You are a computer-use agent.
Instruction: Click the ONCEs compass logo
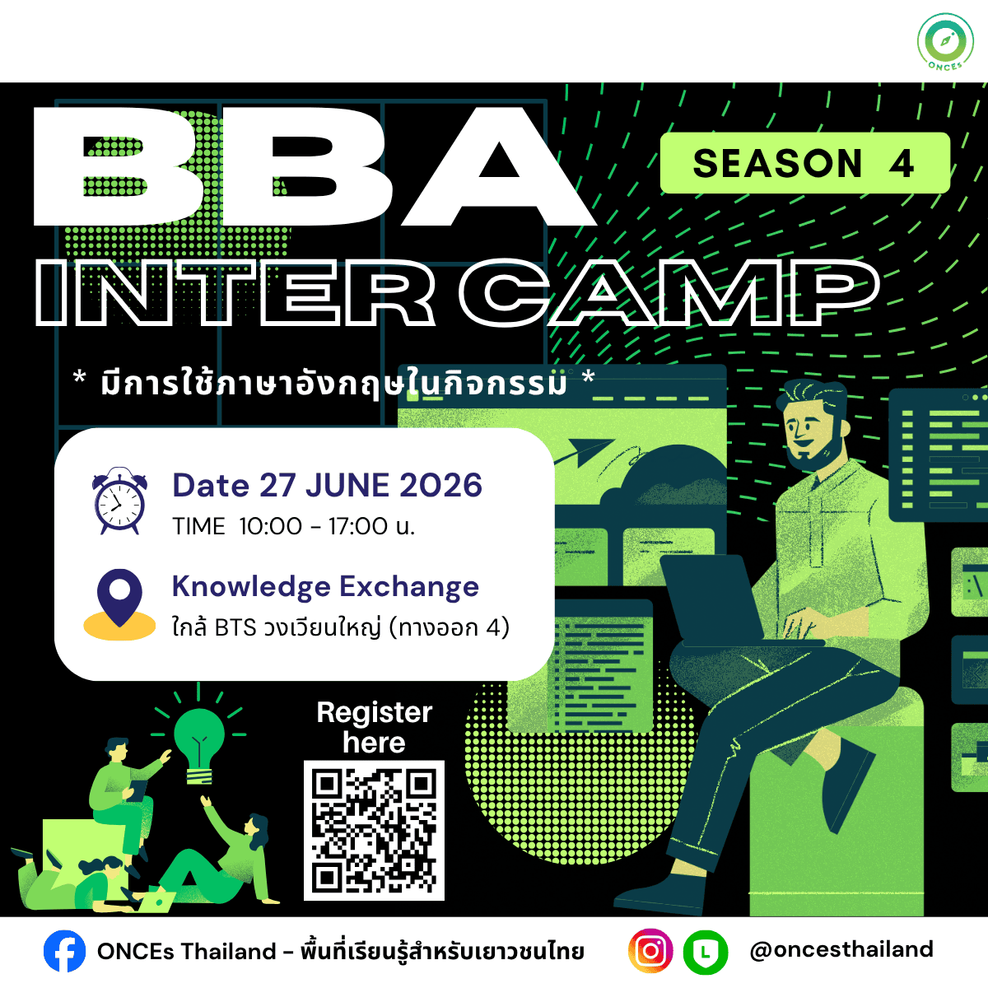945,41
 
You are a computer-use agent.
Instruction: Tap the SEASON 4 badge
804,163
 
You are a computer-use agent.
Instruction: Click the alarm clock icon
119,501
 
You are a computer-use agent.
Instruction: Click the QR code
374,830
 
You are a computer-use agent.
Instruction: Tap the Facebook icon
64,951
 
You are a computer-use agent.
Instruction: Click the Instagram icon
650,951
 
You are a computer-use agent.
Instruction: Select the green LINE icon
706,952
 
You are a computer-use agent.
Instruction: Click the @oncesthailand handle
841,950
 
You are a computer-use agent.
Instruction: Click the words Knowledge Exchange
325,587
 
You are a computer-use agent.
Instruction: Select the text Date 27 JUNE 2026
327,485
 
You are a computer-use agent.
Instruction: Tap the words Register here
375,727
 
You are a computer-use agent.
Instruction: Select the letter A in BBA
499,166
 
